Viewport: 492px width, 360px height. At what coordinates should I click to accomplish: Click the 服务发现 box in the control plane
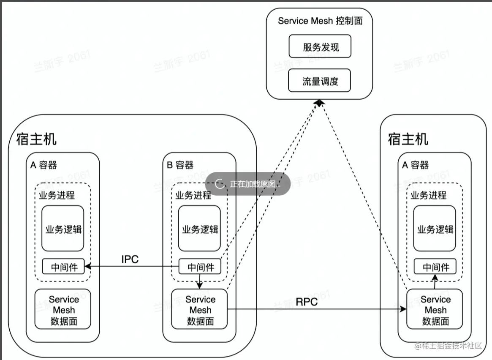pyautogui.click(x=320, y=46)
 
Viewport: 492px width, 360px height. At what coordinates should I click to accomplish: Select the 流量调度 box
pyautogui.click(x=320, y=81)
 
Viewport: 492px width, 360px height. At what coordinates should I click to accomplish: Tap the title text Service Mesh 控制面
pyautogui.click(x=320, y=21)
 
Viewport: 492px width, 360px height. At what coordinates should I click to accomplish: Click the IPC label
pyautogui.click(x=130, y=259)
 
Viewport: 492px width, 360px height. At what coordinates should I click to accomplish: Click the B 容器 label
pyautogui.click(x=180, y=165)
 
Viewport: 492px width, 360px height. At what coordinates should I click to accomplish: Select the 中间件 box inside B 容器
pyautogui.click(x=200, y=267)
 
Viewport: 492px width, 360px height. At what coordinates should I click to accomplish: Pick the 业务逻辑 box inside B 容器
pyautogui.click(x=199, y=229)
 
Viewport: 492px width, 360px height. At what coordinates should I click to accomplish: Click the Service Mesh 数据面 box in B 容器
pyautogui.click(x=199, y=309)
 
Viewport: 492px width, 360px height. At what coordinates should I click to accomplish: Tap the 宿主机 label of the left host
pyautogui.click(x=36, y=139)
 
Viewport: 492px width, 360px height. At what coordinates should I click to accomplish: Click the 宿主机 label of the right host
pyautogui.click(x=408, y=139)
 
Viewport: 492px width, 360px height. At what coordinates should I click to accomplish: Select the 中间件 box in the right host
pyautogui.click(x=435, y=267)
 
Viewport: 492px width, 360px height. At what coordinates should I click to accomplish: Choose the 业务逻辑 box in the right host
pyautogui.click(x=435, y=229)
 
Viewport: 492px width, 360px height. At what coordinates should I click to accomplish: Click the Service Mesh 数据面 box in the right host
pyautogui.click(x=435, y=309)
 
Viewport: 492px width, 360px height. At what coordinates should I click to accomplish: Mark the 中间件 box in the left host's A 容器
pyautogui.click(x=63, y=267)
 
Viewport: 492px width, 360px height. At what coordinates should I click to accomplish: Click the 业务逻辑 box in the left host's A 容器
pyautogui.click(x=63, y=229)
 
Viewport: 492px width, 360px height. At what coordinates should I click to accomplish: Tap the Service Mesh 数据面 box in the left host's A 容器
pyautogui.click(x=63, y=309)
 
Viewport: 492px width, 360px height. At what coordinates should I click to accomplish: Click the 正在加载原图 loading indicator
pyautogui.click(x=248, y=184)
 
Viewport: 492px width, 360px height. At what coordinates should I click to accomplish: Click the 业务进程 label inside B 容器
pyautogui.click(x=193, y=196)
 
